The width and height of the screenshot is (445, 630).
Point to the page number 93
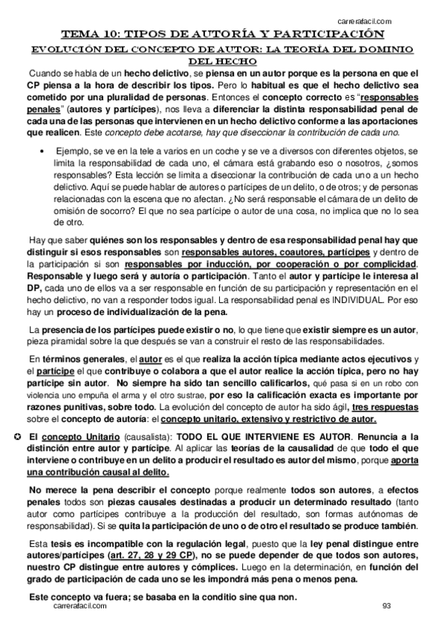386,605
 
